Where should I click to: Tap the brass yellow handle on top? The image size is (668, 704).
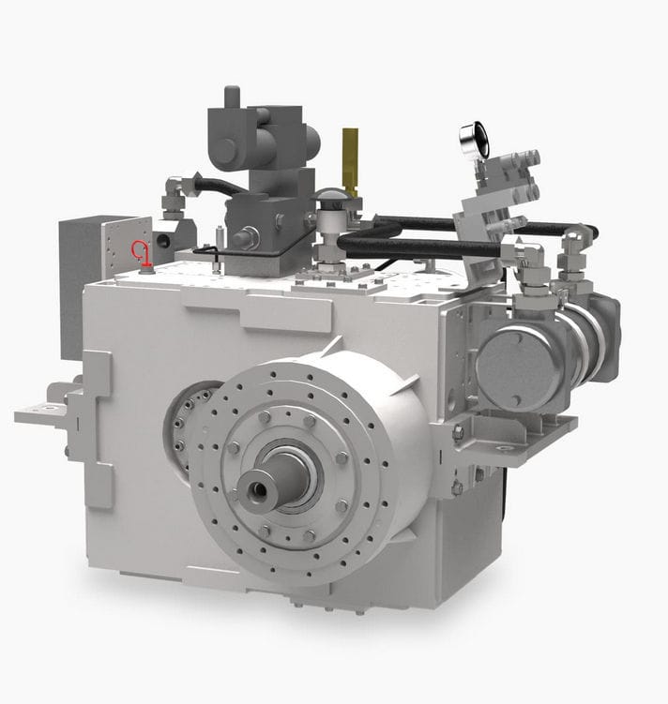[x=351, y=157]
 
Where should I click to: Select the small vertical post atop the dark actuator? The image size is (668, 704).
[x=232, y=97]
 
